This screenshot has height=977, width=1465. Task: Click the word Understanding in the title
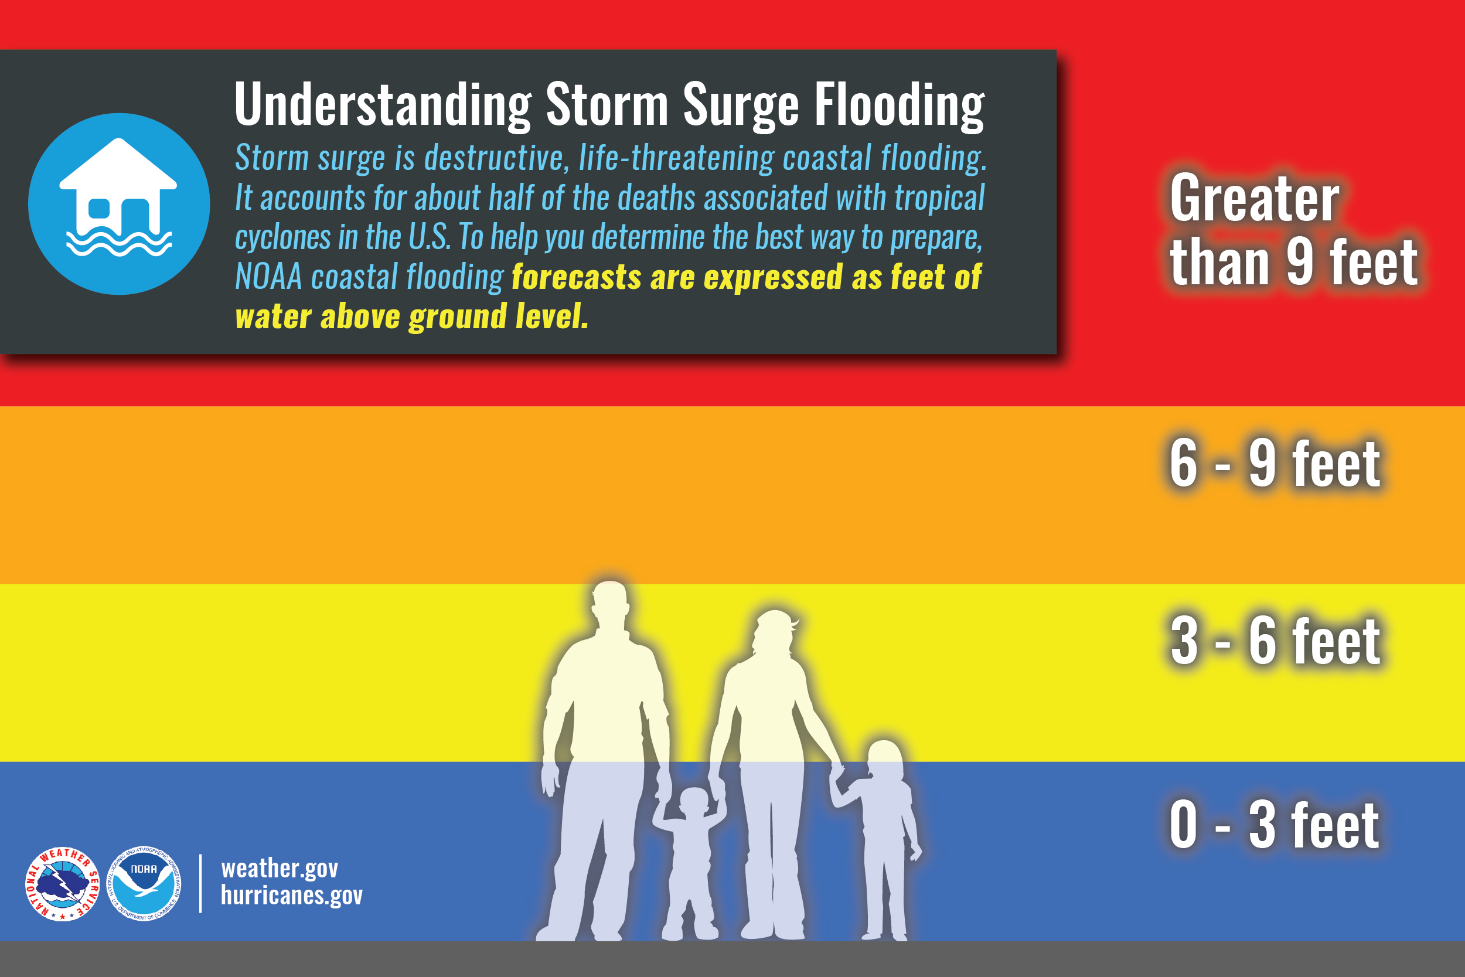tap(383, 105)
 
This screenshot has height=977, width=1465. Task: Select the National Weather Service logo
tap(62, 884)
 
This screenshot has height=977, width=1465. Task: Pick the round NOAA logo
tap(144, 884)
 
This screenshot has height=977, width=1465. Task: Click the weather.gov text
tap(279, 868)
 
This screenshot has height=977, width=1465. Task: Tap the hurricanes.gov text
tap(291, 896)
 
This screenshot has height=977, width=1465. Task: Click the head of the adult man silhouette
tap(609, 601)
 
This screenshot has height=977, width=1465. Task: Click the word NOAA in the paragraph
tap(268, 277)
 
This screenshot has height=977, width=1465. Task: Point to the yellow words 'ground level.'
tap(498, 317)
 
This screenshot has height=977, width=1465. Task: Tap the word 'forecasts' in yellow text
tap(576, 277)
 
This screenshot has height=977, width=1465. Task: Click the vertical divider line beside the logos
tap(200, 884)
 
